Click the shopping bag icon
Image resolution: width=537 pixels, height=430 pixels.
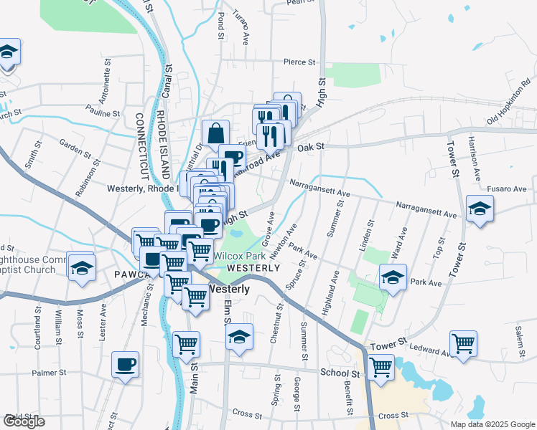pyautogui.click(x=215, y=133)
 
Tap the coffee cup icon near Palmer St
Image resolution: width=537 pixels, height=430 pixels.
pyautogui.click(x=125, y=363)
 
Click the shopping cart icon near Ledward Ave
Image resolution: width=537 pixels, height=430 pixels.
pyautogui.click(x=463, y=343)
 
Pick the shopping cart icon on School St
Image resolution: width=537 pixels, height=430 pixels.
pyautogui.click(x=380, y=368)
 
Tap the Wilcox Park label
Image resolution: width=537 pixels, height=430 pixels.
pyautogui.click(x=239, y=256)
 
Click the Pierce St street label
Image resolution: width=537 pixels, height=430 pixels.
pyautogui.click(x=299, y=62)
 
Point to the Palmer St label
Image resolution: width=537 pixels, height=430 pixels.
pyautogui.click(x=49, y=373)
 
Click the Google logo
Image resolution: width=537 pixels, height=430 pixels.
pyautogui.click(x=24, y=421)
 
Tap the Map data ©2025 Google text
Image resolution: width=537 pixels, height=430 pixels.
pyautogui.click(x=492, y=424)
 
